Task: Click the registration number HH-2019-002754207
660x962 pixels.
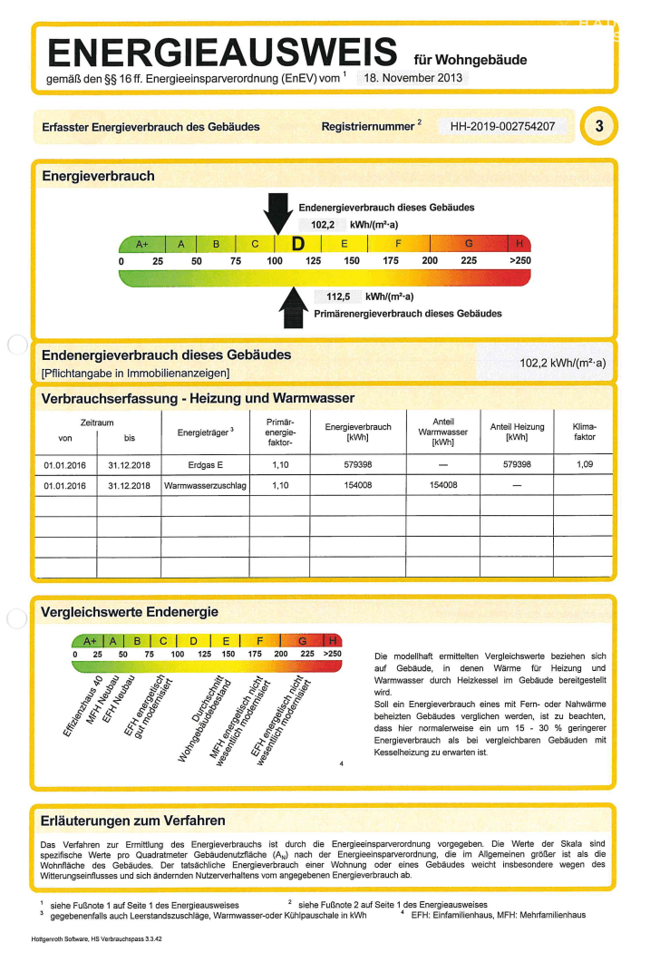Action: (x=502, y=127)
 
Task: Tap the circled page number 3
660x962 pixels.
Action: (x=598, y=126)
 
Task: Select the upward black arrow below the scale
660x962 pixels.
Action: (x=294, y=306)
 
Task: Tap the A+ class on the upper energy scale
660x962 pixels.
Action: (x=142, y=245)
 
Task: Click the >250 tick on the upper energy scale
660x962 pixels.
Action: (x=519, y=261)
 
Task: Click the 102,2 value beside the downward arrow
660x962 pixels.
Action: (x=324, y=224)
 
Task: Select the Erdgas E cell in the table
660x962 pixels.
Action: (x=204, y=464)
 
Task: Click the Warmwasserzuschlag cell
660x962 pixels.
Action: (x=204, y=485)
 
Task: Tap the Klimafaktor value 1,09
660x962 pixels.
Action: (x=585, y=464)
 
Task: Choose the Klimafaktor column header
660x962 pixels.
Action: (x=585, y=431)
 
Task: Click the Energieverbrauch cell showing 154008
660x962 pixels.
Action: (x=357, y=485)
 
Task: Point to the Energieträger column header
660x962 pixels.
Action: (x=205, y=432)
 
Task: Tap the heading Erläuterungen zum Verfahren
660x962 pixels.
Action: (x=133, y=821)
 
